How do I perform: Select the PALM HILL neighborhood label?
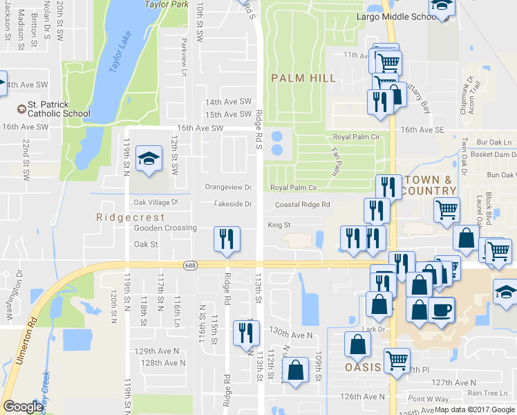(303, 78)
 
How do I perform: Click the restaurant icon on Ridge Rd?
(227, 239)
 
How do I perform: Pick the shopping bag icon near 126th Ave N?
(296, 370)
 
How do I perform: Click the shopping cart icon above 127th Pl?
(397, 359)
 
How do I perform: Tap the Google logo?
(23, 407)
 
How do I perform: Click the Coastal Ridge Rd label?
(302, 205)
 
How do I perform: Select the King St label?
(279, 225)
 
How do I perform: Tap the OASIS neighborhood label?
(364, 367)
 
